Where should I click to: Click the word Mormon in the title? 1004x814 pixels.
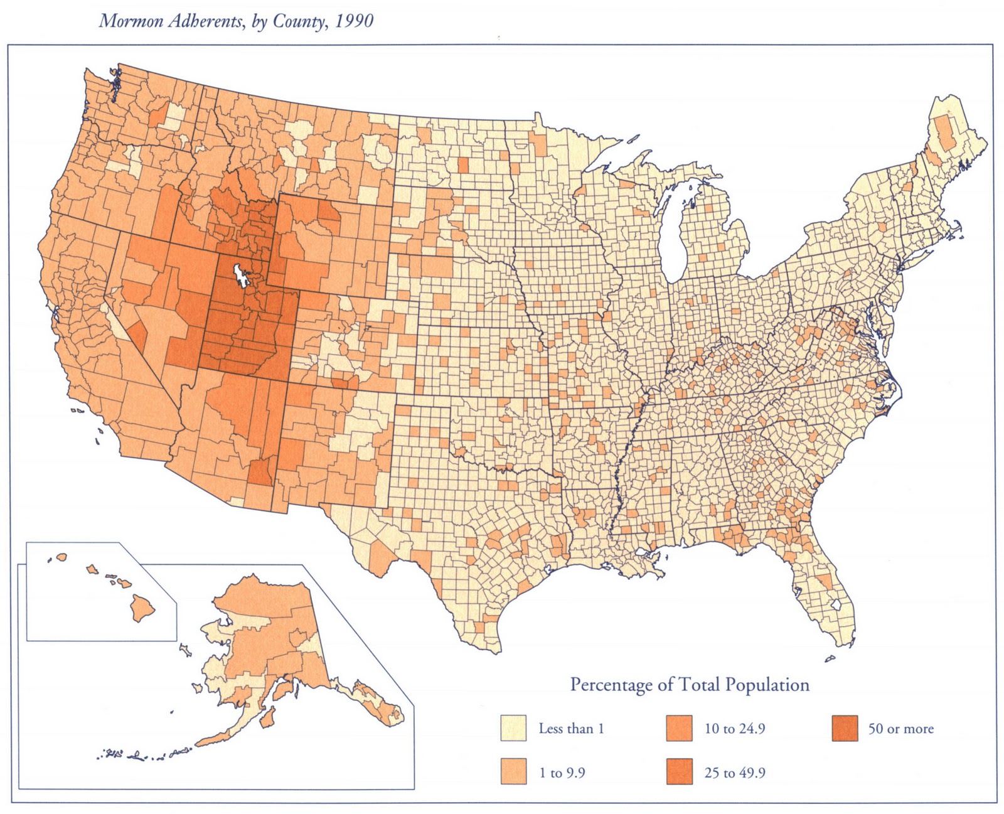pyautogui.click(x=124, y=21)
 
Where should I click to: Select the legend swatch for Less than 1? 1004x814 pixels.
pyautogui.click(x=513, y=728)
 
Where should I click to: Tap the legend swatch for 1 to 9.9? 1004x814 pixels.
pyautogui.click(x=513, y=772)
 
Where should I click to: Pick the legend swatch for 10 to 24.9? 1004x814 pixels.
pyautogui.click(x=678, y=728)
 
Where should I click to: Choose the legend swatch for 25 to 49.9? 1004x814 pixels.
pyautogui.click(x=678, y=772)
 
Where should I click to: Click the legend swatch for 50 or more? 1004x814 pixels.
pyautogui.click(x=843, y=728)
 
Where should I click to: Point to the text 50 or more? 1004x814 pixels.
pyautogui.click(x=900, y=729)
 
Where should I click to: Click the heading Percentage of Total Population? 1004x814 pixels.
pyautogui.click(x=689, y=684)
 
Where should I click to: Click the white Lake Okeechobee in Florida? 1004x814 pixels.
pyautogui.click(x=835, y=604)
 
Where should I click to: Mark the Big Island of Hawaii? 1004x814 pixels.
pyautogui.click(x=142, y=606)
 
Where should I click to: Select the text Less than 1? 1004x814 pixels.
pyautogui.click(x=570, y=729)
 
